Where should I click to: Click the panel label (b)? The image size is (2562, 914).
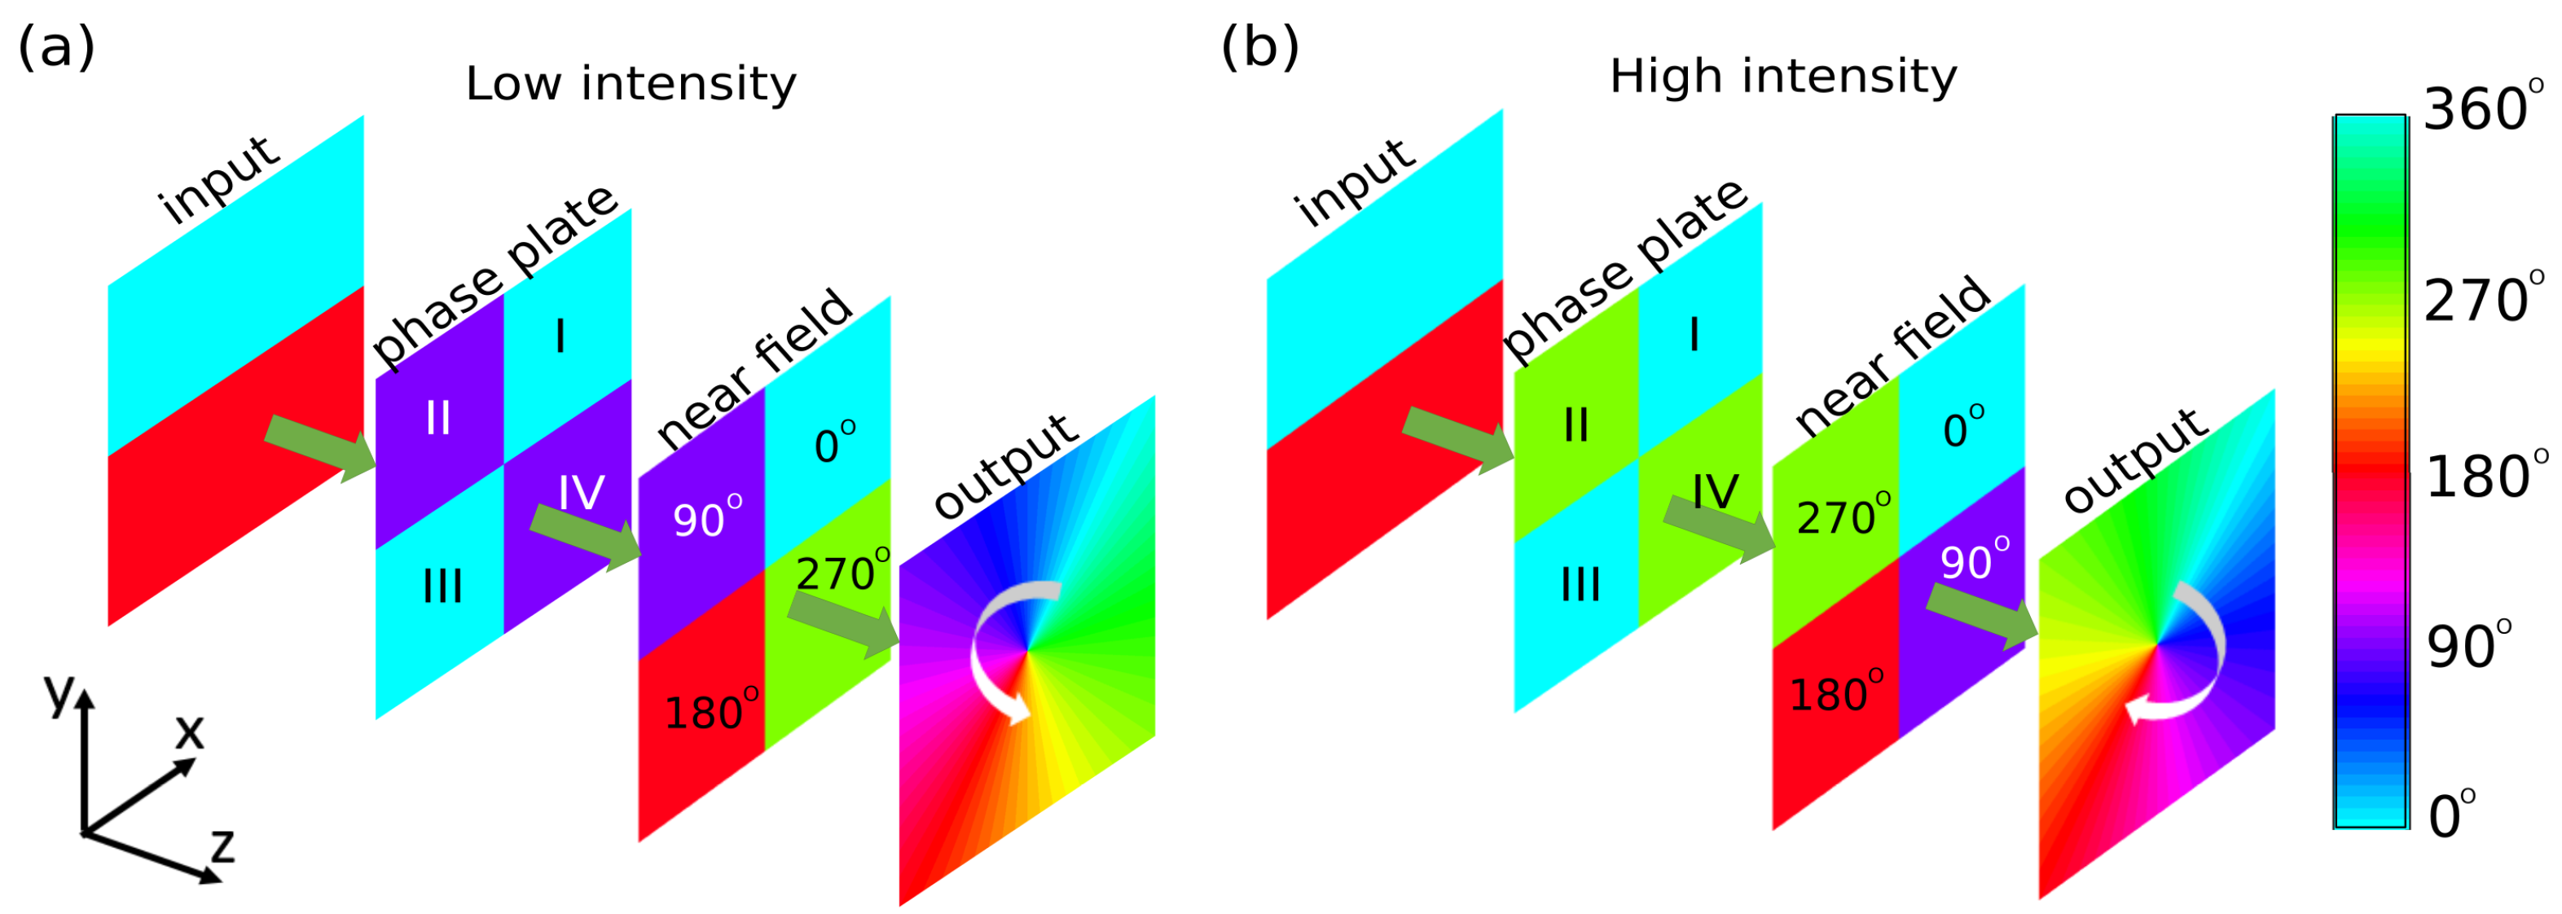pyautogui.click(x=1259, y=48)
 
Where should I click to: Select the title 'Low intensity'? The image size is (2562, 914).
pyautogui.click(x=631, y=84)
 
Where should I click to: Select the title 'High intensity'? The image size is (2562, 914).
pyautogui.click(x=1782, y=77)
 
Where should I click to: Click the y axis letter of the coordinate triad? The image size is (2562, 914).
pyautogui.click(x=59, y=692)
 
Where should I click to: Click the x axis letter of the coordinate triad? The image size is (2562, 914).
pyautogui.click(x=189, y=733)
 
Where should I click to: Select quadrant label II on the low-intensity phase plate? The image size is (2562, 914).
pyautogui.click(x=437, y=418)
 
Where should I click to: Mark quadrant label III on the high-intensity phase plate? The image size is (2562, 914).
pyautogui.click(x=1580, y=584)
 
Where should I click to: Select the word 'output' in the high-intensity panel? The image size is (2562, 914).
pyautogui.click(x=2135, y=460)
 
